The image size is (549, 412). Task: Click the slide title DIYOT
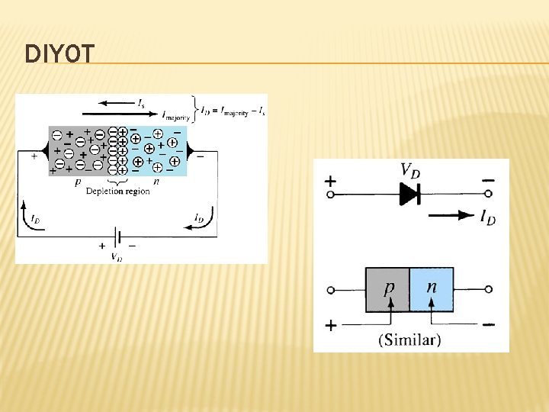pos(60,54)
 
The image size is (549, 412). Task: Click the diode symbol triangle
pos(410,195)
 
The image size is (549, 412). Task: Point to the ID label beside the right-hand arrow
pos(487,217)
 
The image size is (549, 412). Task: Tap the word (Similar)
pos(409,340)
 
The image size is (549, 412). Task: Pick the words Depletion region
pos(118,191)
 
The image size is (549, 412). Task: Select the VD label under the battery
pos(116,257)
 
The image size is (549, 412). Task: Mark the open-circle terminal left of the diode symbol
pos(331,195)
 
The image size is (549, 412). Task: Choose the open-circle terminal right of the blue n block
pos(489,290)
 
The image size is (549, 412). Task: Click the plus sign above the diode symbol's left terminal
pos(330,182)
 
